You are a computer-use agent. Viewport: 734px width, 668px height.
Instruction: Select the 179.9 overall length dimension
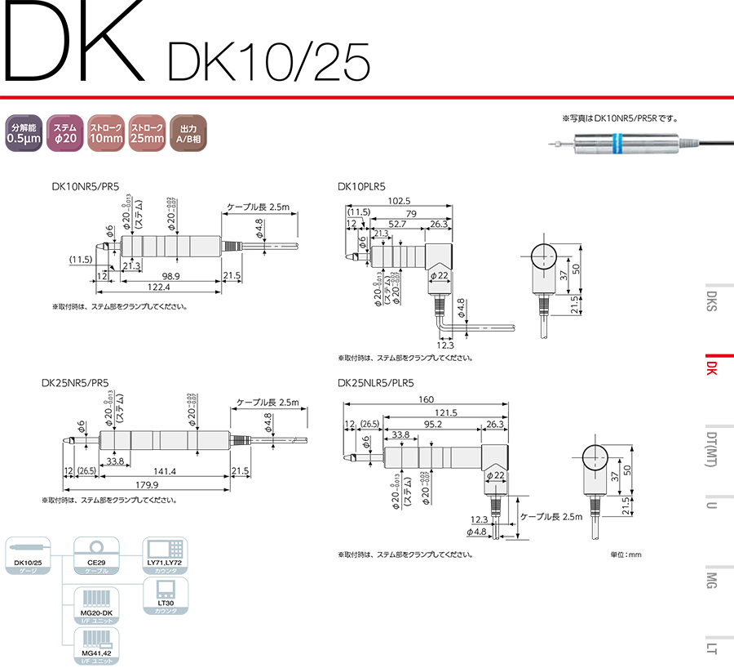pyautogui.click(x=149, y=484)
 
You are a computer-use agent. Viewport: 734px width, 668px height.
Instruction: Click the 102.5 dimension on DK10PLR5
pyautogui.click(x=399, y=201)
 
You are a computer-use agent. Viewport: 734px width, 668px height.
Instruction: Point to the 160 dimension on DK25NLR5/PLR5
pyautogui.click(x=425, y=400)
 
